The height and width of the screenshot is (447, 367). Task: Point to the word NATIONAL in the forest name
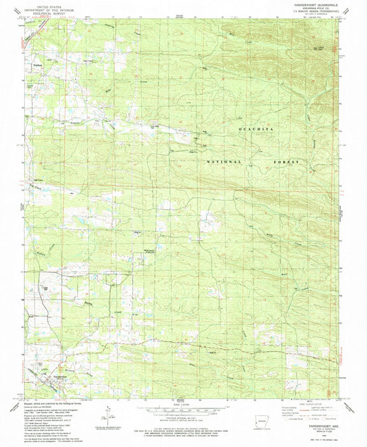[x=227, y=161]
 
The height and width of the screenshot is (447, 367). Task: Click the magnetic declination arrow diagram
[x=105, y=414]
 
